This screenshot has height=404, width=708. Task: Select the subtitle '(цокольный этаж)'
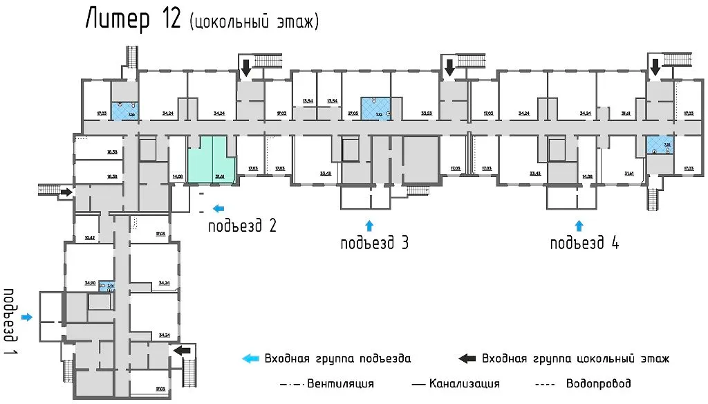(253, 22)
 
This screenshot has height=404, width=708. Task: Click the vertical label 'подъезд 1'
(10, 315)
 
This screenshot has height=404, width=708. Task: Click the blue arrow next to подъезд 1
(27, 317)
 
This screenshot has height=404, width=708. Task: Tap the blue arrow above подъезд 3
(369, 224)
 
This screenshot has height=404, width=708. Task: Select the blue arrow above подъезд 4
(579, 224)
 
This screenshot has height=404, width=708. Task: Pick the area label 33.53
(426, 113)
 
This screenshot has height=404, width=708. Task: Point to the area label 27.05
(352, 113)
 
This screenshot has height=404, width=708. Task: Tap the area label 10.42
(89, 238)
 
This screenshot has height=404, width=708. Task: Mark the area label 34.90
(89, 283)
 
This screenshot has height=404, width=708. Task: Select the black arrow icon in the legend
(467, 358)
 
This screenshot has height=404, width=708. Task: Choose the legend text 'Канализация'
(464, 383)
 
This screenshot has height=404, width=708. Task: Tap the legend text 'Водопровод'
(598, 383)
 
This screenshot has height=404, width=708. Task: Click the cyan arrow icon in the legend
(250, 358)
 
